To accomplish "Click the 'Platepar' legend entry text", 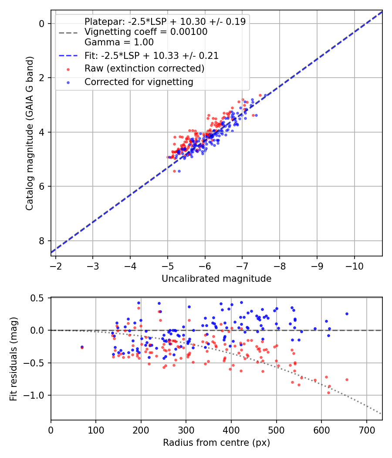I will (x=165, y=22).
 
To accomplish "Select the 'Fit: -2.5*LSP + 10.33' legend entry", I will (x=151, y=56).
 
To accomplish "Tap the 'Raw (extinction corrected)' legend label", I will (x=144, y=68).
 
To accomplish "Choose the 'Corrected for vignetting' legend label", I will (x=139, y=82).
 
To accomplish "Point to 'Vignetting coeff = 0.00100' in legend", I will (x=146, y=32).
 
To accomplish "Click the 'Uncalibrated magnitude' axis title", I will (x=216, y=279).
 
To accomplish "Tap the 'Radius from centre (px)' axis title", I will (x=216, y=443).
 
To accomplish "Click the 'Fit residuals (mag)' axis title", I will (x=14, y=359).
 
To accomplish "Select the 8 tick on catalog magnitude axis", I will (x=42, y=241).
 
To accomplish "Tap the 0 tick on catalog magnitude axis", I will (x=42, y=24).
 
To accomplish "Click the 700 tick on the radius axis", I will (x=366, y=430).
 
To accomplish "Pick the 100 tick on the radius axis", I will (x=96, y=430).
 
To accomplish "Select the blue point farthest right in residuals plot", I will (x=347, y=314).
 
